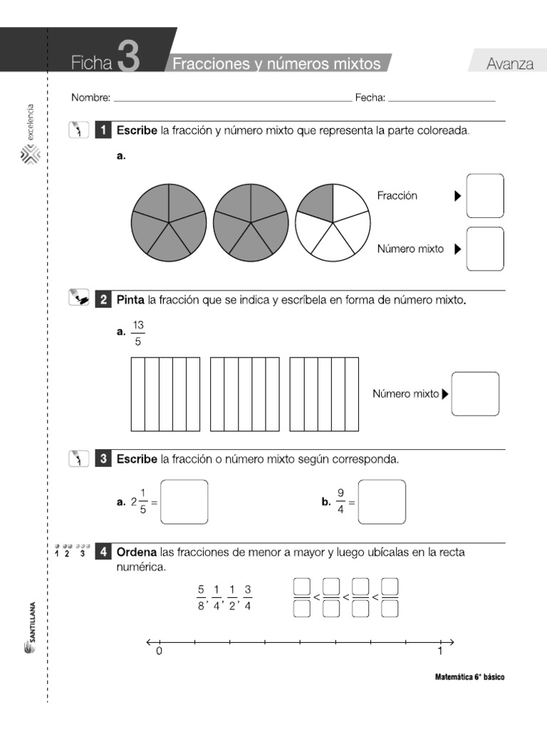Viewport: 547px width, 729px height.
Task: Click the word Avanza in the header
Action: pos(510,64)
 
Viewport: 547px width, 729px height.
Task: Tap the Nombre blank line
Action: pos(232,99)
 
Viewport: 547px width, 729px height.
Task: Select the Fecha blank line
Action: pos(442,99)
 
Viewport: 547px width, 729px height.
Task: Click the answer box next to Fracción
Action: pos(485,196)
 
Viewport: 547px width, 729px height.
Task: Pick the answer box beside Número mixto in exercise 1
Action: pos(485,248)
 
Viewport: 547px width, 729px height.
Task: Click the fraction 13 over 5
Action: pos(138,333)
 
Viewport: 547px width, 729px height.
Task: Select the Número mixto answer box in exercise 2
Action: pos(475,394)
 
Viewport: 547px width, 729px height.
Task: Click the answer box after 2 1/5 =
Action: pos(184,502)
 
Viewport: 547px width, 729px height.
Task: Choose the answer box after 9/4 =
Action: pos(382,502)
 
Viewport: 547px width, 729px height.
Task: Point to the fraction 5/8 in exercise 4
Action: pos(202,598)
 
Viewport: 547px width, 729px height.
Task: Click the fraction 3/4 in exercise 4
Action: pos(248,598)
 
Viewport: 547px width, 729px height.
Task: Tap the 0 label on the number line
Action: pos(159,651)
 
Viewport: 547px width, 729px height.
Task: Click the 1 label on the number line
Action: pos(440,651)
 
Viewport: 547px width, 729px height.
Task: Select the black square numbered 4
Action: pos(104,552)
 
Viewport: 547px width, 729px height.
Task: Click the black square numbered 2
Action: pos(104,300)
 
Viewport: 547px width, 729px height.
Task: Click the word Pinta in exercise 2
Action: pos(130,300)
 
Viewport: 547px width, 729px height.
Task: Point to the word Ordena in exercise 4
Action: pos(137,552)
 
